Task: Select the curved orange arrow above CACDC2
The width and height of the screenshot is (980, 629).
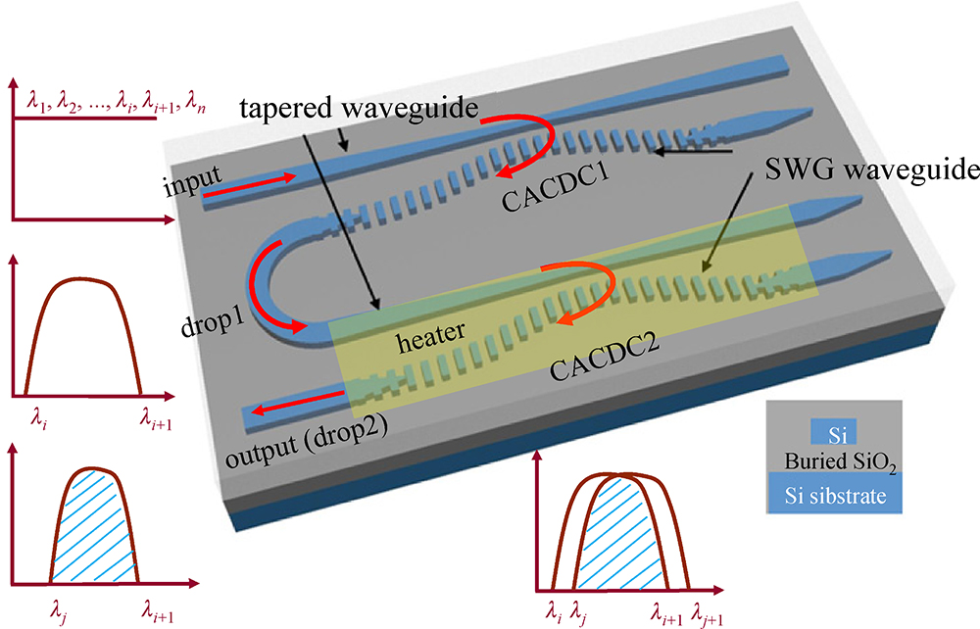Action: coord(584,292)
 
